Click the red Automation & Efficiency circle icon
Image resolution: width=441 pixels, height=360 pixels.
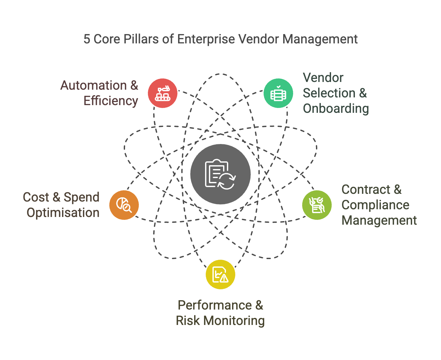163,93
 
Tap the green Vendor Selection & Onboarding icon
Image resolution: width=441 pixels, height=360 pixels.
278,93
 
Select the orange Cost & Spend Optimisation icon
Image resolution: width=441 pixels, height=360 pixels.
124,205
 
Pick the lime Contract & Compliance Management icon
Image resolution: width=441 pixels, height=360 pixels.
317,205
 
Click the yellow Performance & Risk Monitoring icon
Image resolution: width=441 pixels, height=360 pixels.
221,274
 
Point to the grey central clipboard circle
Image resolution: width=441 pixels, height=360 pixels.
221,174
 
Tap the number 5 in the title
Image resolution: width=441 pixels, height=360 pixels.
87,39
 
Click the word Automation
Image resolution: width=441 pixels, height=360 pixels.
94,85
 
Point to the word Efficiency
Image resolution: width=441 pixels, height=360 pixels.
111,101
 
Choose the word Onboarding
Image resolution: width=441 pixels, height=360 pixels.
336,109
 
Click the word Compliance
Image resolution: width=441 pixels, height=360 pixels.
375,205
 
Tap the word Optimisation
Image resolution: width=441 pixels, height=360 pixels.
63,213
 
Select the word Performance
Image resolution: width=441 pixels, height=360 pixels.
215,305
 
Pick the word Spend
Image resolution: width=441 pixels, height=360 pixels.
81,197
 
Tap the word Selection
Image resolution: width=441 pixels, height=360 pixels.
329,93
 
